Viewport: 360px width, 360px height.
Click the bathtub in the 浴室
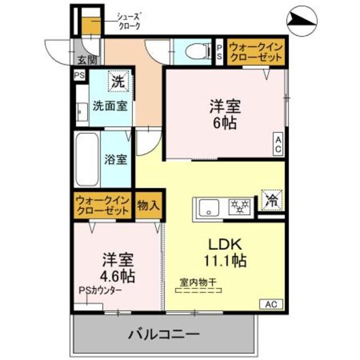(87, 159)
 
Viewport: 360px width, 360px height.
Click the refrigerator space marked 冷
(272, 200)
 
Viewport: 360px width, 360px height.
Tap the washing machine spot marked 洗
(117, 81)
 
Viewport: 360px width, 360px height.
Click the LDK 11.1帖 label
(225, 253)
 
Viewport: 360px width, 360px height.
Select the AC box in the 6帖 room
(278, 144)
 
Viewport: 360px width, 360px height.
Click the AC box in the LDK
(271, 304)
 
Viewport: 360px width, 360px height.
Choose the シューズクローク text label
(128, 22)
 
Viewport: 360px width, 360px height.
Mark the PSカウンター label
(101, 291)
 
